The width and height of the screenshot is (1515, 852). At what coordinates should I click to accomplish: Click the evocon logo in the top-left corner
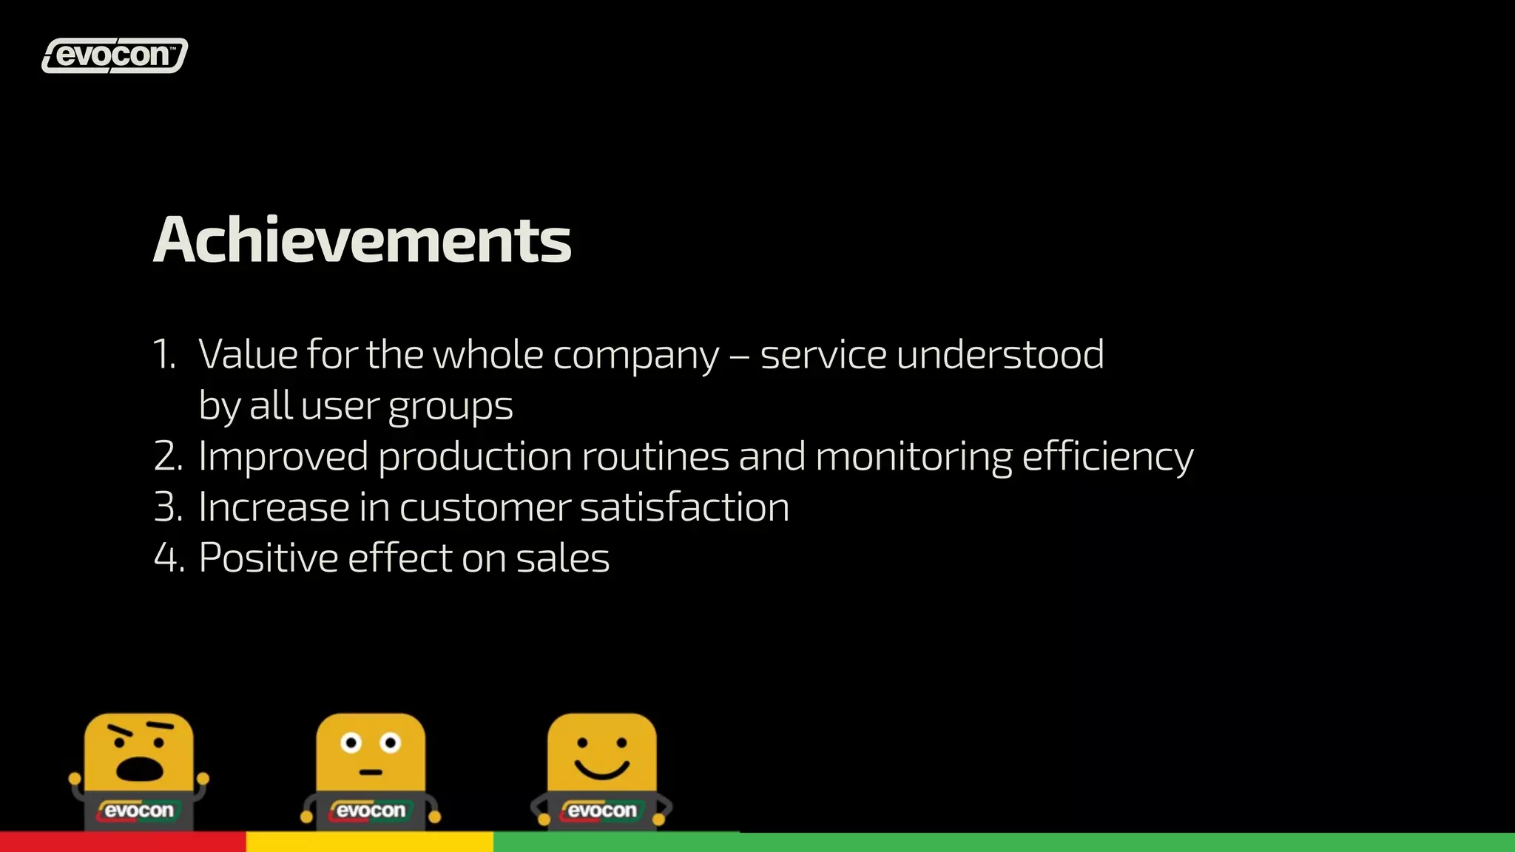coord(115,55)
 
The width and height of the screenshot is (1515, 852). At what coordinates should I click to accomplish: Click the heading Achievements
coord(362,240)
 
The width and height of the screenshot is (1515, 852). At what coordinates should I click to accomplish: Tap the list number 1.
coord(163,354)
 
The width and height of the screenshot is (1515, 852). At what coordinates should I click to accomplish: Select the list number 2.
coord(168,456)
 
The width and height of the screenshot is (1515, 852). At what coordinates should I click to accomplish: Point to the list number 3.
coord(168,507)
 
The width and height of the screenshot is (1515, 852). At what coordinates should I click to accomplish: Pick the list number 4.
coord(168,558)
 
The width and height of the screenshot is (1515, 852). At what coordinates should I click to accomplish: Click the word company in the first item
coord(635,356)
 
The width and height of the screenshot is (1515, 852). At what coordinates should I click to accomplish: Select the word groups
coord(451,408)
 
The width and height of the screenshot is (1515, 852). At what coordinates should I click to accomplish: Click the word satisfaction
coord(684,507)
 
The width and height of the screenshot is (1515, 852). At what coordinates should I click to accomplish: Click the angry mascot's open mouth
coord(139,769)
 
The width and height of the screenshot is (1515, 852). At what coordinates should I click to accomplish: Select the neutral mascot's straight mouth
coord(371,772)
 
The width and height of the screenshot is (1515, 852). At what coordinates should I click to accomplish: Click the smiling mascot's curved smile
coord(601,769)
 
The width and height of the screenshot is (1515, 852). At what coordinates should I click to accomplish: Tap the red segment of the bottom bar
coord(123,842)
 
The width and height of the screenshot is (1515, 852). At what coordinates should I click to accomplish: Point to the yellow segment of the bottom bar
coord(369,842)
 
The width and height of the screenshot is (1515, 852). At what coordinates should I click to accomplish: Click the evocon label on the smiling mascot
coord(601,811)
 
